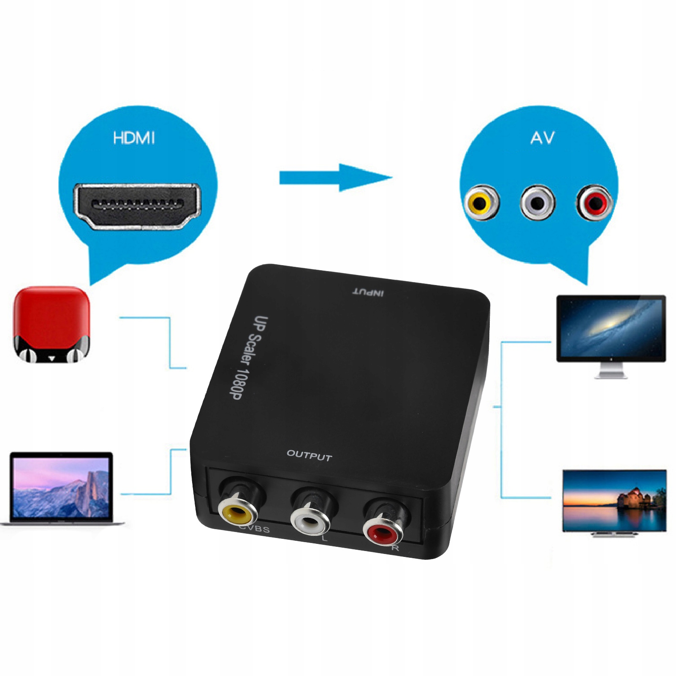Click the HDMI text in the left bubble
click(134, 138)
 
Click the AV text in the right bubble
click(542, 138)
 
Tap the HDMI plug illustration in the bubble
click(137, 206)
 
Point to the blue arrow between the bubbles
click(336, 178)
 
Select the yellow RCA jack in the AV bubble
click(481, 203)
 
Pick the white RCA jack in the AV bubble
click(537, 203)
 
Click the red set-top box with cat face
click(52, 324)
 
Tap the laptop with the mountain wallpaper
click(62, 488)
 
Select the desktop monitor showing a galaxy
click(611, 328)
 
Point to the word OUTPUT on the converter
click(309, 455)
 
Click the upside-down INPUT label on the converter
click(368, 292)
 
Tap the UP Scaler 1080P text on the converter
click(248, 357)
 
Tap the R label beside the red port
click(395, 548)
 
